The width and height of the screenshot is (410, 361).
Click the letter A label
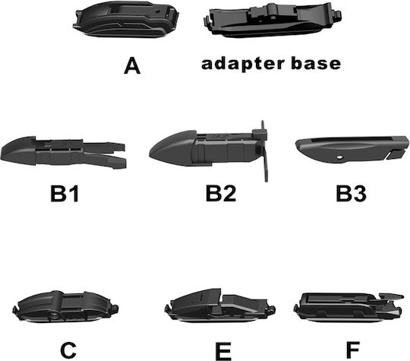pyautogui.click(x=132, y=66)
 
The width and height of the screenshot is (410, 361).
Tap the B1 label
pyautogui.click(x=65, y=193)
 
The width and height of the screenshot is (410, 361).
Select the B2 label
pyautogui.click(x=221, y=193)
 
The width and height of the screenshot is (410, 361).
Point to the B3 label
pyautogui.click(x=351, y=193)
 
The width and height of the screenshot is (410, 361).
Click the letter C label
pyautogui.click(x=68, y=350)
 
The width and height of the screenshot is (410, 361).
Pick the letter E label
pyautogui.click(x=223, y=351)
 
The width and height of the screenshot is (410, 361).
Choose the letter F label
pyautogui.click(x=353, y=350)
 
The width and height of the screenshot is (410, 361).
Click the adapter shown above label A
pyautogui.click(x=126, y=19)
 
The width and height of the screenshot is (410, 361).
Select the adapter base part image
pyautogui.click(x=272, y=21)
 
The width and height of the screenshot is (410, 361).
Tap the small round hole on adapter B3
pyautogui.click(x=339, y=157)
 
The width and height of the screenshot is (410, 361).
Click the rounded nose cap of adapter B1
pyautogui.click(x=18, y=150)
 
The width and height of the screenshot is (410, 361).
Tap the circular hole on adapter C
pyautogui.click(x=55, y=315)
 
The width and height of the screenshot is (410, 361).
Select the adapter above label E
pyautogui.click(x=220, y=306)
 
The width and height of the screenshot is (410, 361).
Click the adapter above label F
pyautogui.click(x=348, y=306)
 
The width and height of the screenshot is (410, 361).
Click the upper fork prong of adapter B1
pyautogui.click(x=104, y=147)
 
